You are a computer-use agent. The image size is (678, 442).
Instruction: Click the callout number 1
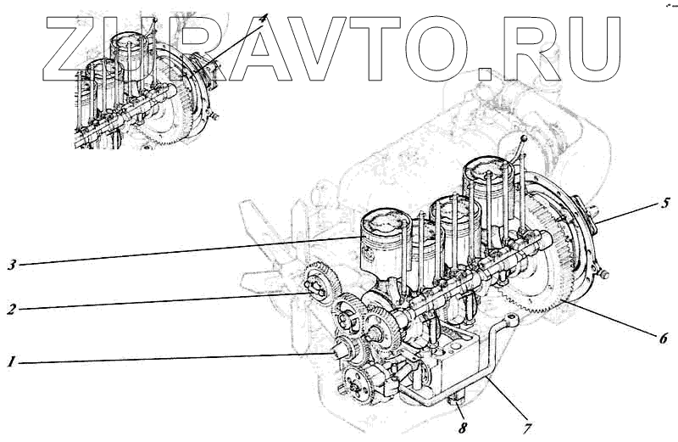coord(12,362)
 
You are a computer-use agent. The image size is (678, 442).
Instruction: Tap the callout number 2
coord(12,310)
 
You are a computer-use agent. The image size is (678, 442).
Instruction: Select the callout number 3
coord(12,265)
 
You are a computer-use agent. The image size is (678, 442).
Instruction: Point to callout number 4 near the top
coord(264,18)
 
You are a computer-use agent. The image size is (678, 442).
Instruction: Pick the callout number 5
coord(665,203)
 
